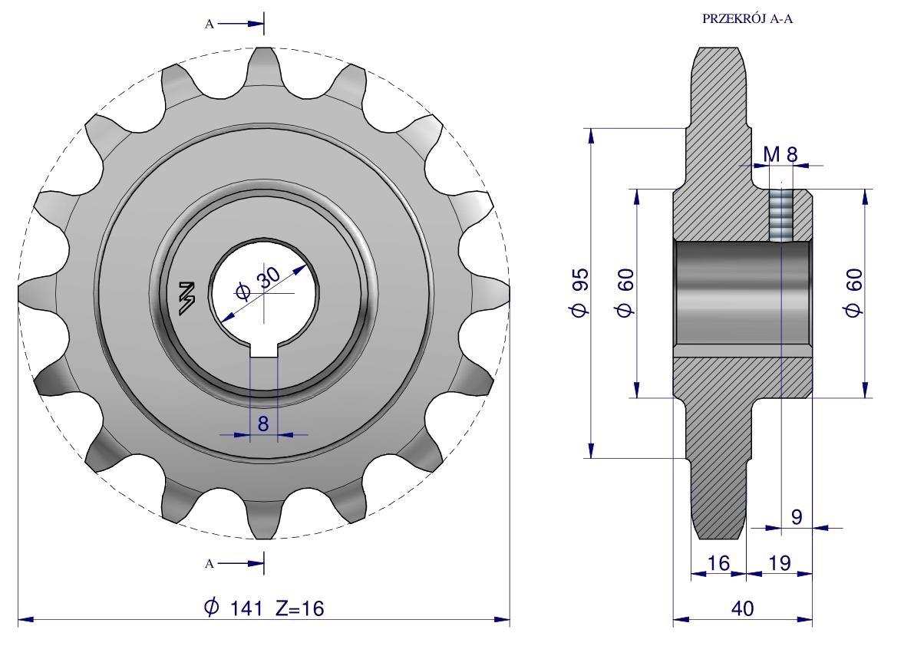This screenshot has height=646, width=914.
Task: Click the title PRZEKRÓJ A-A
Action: [x=747, y=18]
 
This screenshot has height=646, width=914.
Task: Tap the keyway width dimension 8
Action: [x=263, y=424]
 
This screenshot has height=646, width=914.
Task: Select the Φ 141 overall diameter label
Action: [x=233, y=608]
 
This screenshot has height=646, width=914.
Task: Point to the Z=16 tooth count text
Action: [x=299, y=608]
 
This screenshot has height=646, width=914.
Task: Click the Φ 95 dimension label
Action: [x=580, y=292]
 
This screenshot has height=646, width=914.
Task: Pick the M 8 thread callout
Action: [x=780, y=154]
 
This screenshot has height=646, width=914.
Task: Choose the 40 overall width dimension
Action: [x=742, y=608]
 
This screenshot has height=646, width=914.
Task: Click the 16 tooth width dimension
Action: [x=718, y=563]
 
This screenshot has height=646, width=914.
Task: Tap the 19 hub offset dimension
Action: [x=780, y=563]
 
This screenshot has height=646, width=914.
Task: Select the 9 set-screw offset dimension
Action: [x=797, y=516]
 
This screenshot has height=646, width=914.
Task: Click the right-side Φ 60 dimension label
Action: [x=853, y=292]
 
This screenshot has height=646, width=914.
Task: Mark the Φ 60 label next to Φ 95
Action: [x=625, y=292]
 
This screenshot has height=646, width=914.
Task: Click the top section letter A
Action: [x=210, y=24]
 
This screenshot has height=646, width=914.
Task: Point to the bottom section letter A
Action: [x=210, y=563]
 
